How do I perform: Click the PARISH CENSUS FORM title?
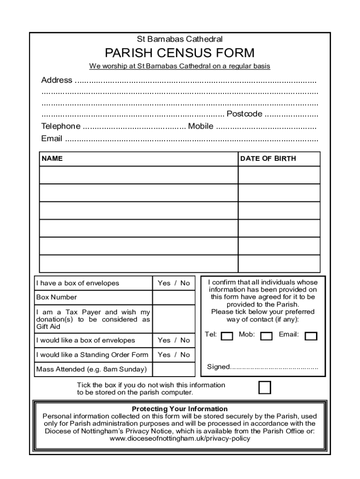[180, 52]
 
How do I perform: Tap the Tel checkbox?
[227, 336]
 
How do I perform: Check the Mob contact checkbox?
[266, 336]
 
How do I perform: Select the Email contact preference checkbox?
[311, 336]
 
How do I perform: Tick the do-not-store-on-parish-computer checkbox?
[265, 388]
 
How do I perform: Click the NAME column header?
[52, 159]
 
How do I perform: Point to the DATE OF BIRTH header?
[268, 159]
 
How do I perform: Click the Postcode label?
[244, 114]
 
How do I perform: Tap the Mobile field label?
[201, 126]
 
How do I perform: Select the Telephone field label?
[61, 126]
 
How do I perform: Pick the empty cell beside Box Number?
[173, 298]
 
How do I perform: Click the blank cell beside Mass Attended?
[173, 370]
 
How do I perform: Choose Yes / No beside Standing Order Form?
[173, 355]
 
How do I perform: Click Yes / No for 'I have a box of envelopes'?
[173, 283]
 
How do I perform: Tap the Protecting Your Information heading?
[180, 409]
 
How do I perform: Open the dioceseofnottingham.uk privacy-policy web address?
[180, 439]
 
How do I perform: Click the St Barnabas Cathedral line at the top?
[180, 39]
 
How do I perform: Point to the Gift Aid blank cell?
[173, 319]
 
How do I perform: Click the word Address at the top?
[57, 80]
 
